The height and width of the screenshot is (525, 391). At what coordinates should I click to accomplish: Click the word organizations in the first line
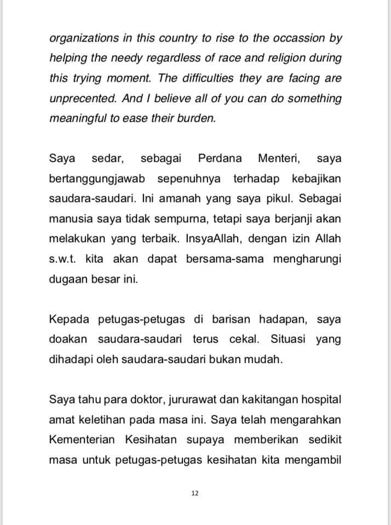pyautogui.click(x=84, y=39)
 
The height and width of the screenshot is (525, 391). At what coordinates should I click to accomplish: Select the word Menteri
pyautogui.click(x=279, y=159)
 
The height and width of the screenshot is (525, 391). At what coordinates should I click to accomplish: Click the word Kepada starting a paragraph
pyautogui.click(x=67, y=319)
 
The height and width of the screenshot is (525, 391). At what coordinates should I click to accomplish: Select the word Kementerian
pyautogui.click(x=81, y=439)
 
